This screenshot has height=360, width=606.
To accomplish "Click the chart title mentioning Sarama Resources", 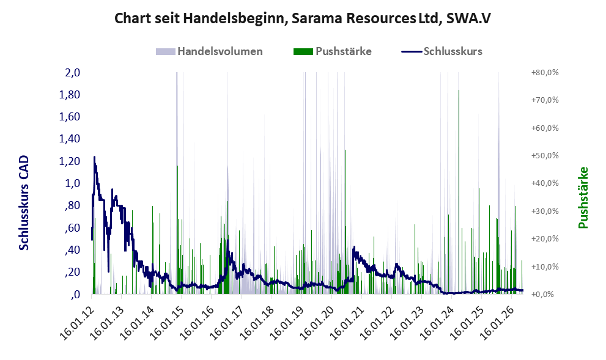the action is click(303, 18).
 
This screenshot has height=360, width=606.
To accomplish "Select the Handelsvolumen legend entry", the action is click(209, 51).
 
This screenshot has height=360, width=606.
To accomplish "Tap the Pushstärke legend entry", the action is click(333, 51).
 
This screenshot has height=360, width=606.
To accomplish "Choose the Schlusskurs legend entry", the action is click(442, 51).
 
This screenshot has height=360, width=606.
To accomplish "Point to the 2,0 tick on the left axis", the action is click(72, 73).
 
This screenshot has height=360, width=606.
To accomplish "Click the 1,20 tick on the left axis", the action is click(70, 161).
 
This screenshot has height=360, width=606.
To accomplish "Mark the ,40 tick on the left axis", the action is click(71, 250).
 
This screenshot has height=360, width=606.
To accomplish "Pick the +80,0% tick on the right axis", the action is click(545, 73).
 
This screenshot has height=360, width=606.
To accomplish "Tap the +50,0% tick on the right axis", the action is click(545, 156).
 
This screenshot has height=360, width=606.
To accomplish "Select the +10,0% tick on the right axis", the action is click(545, 266).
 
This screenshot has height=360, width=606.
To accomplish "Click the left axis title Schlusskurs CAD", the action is click(24, 202).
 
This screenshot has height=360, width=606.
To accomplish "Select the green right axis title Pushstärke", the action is click(583, 197).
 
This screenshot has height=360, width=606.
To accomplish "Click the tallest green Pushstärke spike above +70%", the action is click(459, 192).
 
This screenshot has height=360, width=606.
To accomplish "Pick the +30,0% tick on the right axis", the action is click(545, 211).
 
